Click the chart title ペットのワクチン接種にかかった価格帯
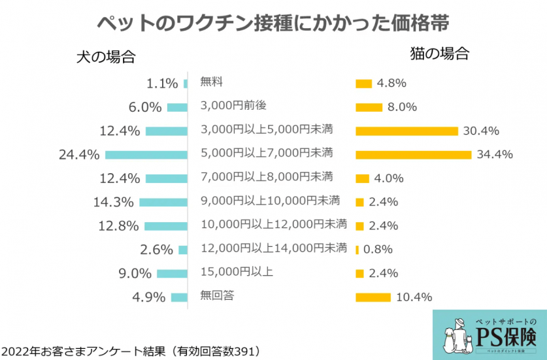pyautogui.click(x=273, y=22)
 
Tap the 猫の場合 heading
pyautogui.click(x=439, y=54)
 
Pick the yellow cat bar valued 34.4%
pyautogui.click(x=413, y=155)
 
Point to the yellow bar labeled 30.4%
pyautogui.click(x=406, y=131)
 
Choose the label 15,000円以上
pyautogui.click(x=236, y=272)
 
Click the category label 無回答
pyautogui.click(x=218, y=296)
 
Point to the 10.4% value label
pyautogui.click(x=414, y=297)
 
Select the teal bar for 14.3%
pyautogui.click(x=163, y=202)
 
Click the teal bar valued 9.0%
pyautogui.click(x=172, y=274)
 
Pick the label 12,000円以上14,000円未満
pyautogui.click(x=274, y=248)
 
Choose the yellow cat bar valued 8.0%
pyautogui.click(x=369, y=107)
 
